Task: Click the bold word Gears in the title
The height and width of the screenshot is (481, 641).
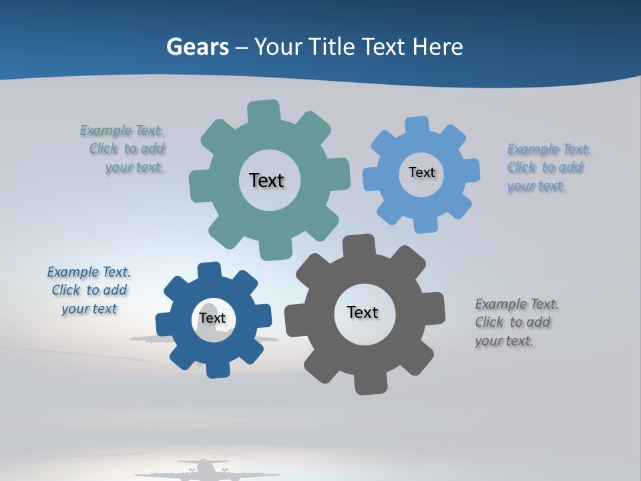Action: pyautogui.click(x=198, y=47)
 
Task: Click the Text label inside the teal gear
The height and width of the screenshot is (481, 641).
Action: pyautogui.click(x=266, y=180)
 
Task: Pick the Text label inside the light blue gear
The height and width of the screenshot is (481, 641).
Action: pyautogui.click(x=421, y=172)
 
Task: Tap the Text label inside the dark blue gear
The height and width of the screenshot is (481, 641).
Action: pyautogui.click(x=212, y=318)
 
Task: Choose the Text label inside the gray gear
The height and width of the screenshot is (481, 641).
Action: pyautogui.click(x=363, y=312)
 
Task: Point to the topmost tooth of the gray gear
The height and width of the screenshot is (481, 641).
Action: pyautogui.click(x=359, y=246)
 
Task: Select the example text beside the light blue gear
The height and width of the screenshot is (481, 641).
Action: pyautogui.click(x=548, y=168)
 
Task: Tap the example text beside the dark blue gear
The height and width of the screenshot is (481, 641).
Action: pyautogui.click(x=89, y=291)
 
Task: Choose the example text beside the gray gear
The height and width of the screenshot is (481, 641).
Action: pyautogui.click(x=516, y=323)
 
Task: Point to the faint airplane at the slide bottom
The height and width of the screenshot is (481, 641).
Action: pyautogui.click(x=203, y=470)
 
